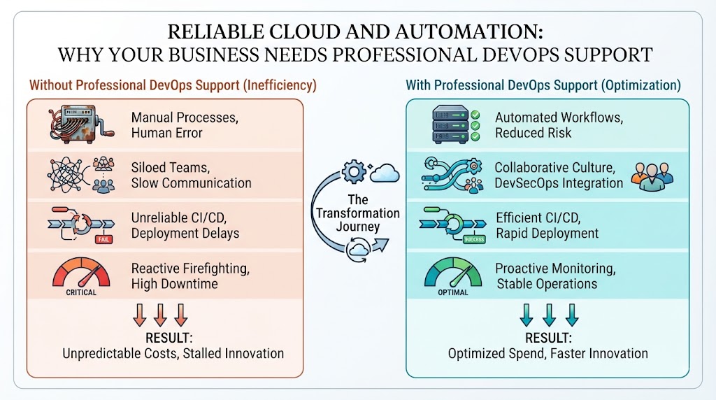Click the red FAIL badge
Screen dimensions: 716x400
coord(103,239)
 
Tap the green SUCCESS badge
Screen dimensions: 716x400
coord(474,239)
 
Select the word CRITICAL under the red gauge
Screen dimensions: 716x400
coord(81,292)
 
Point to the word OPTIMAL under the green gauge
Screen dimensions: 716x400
coord(453,292)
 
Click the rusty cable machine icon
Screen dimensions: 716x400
coord(80,124)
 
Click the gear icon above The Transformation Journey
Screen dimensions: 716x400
coord(354,172)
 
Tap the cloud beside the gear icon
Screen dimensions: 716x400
coord(385,173)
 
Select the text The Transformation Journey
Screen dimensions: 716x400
coord(358,213)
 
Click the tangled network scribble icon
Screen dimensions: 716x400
coord(66,176)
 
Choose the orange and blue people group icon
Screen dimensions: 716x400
coord(652,176)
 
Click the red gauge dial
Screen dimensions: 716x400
coord(81,272)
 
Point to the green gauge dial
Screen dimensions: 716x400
coord(453,272)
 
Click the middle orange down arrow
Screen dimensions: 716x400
coord(160,315)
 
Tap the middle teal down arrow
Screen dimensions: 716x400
coord(549,315)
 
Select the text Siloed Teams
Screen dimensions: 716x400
coord(171,168)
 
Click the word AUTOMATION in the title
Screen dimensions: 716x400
coord(469,32)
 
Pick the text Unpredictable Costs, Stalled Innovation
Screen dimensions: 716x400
coord(173,353)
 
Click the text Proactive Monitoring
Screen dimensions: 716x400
coord(555,269)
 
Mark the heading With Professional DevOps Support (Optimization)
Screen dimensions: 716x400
coord(543,85)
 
